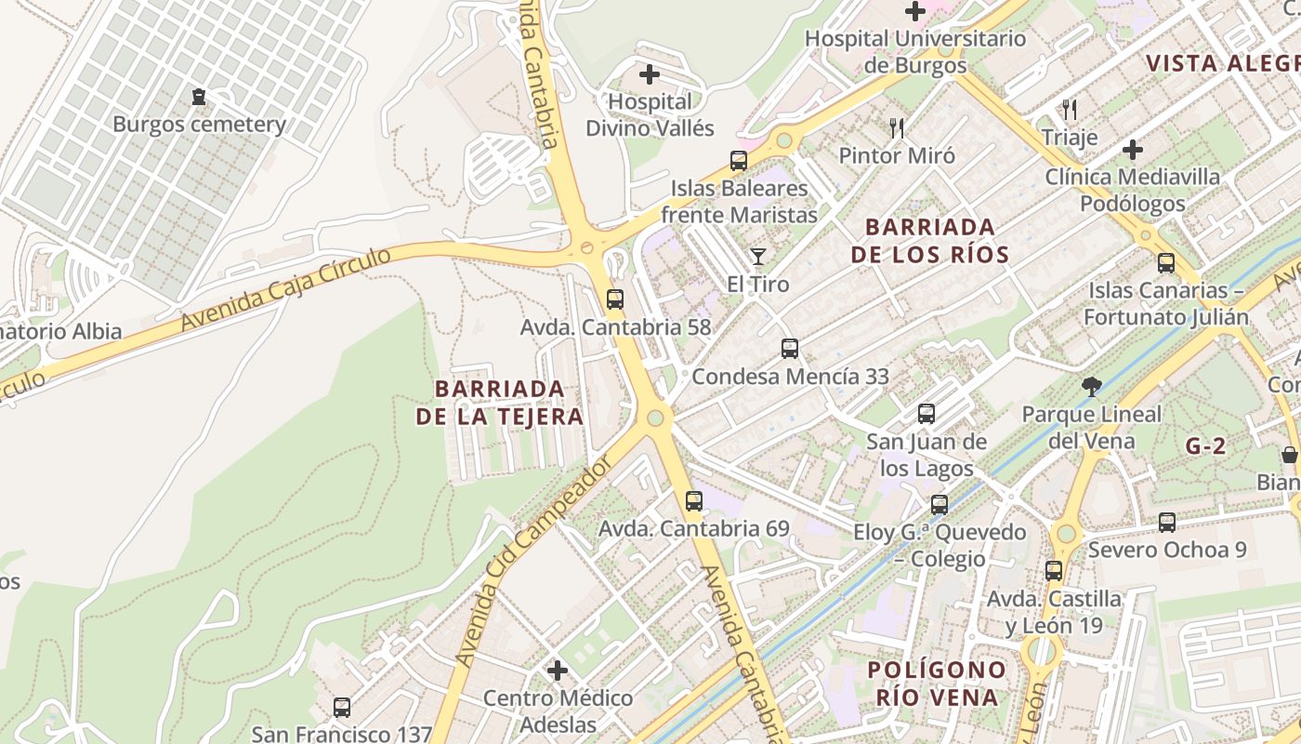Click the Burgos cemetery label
[x=199, y=124]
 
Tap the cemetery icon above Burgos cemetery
[x=198, y=96]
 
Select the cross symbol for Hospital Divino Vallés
[x=650, y=74]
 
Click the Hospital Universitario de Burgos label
[x=915, y=52]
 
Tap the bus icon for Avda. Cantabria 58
[x=614, y=299]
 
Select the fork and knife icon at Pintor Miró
[x=896, y=127]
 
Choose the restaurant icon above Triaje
[x=1070, y=110]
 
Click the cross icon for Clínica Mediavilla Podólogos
[x=1132, y=149]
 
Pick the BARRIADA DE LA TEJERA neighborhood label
[x=500, y=402]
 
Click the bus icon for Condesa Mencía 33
[x=789, y=349]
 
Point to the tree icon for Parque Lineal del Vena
[x=1092, y=386]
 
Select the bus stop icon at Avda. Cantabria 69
[x=693, y=501]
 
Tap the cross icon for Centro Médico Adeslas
[x=558, y=670]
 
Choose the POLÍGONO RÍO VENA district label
[x=937, y=683]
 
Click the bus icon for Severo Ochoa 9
[x=1166, y=523]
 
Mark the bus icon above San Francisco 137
[x=341, y=708]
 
